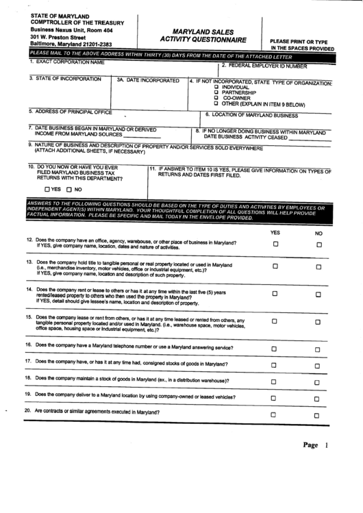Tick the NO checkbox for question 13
click(x=318, y=267)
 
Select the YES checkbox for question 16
click(x=275, y=349)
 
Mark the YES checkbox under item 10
click(x=47, y=189)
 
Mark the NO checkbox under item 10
click(x=69, y=189)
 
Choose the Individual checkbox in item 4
click(x=216, y=87)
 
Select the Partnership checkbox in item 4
click(x=216, y=92)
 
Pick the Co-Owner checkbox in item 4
click(x=216, y=98)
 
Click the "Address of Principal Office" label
click(x=71, y=111)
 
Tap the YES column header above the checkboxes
click(x=275, y=233)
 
